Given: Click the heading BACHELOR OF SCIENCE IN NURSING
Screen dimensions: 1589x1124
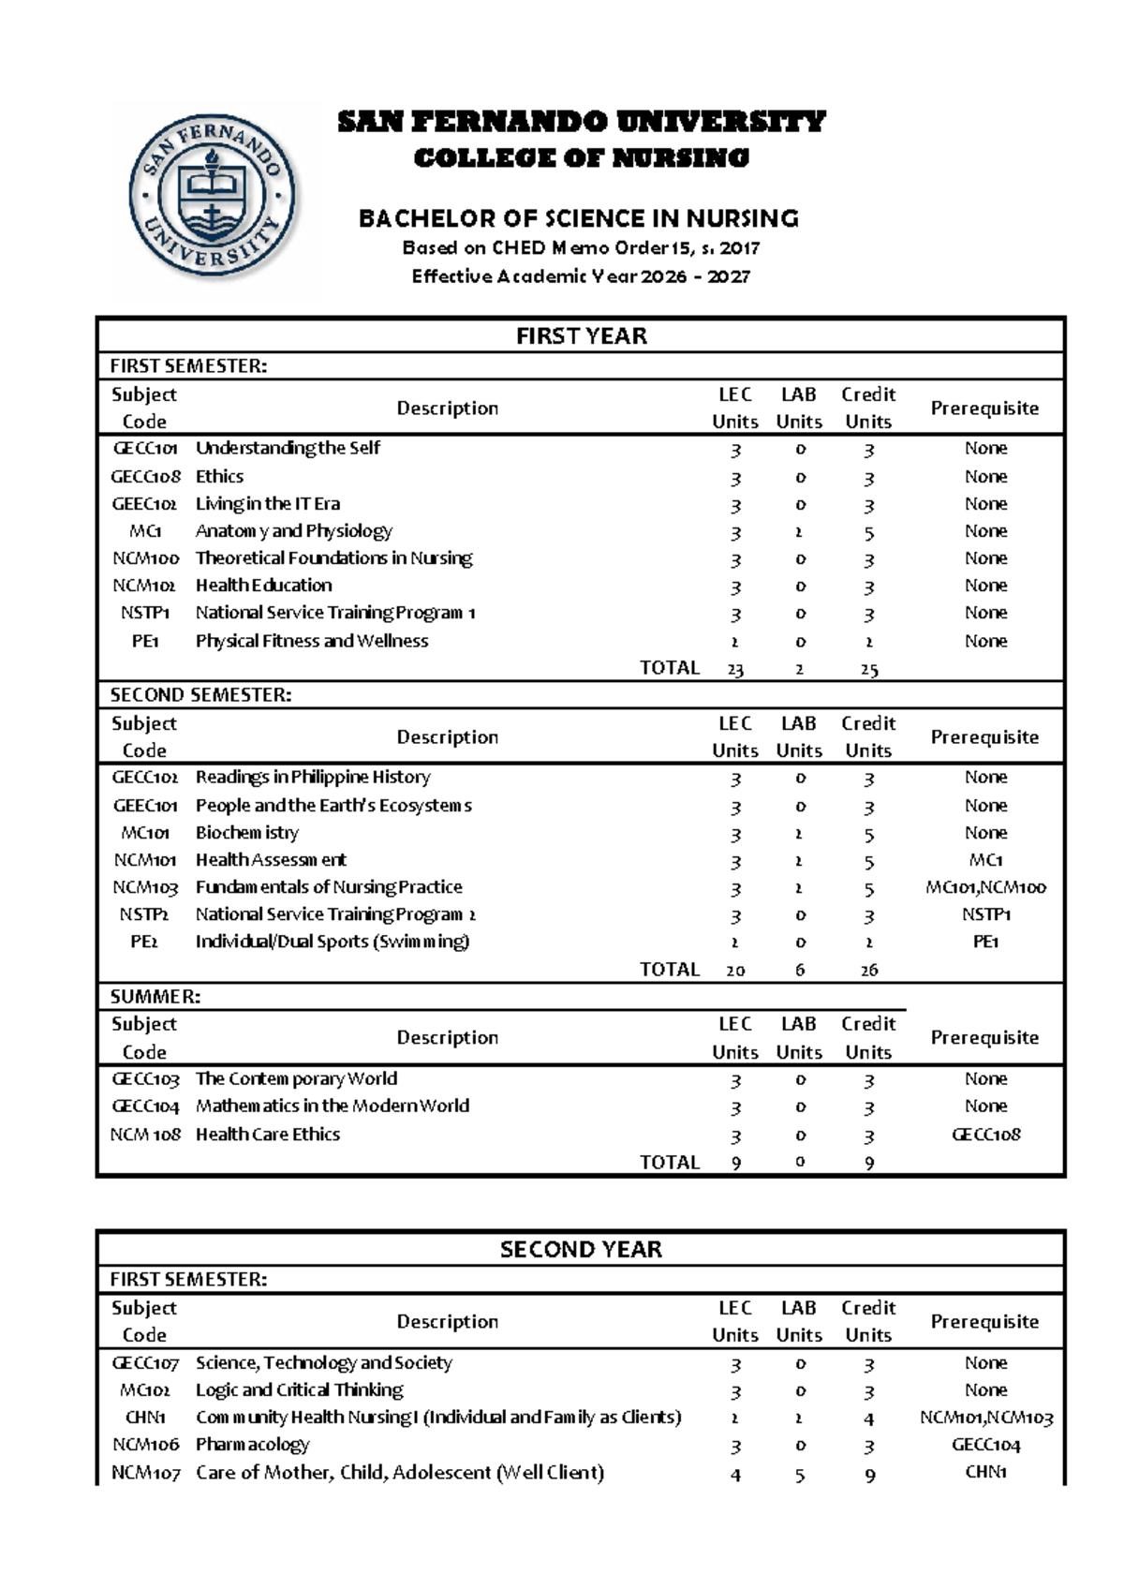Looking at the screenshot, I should (x=579, y=219).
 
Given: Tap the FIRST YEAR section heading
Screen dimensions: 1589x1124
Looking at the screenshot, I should (x=581, y=336).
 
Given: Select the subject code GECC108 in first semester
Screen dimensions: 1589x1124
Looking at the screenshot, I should (x=145, y=476).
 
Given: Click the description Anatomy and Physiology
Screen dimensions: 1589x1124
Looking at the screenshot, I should (x=293, y=531).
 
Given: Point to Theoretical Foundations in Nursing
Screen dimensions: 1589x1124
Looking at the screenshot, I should (x=333, y=558).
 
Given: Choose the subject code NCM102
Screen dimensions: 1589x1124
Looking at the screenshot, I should (x=144, y=586).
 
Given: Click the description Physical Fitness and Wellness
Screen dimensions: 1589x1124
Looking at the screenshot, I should (x=311, y=641).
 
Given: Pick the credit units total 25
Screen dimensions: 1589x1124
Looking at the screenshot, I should (x=868, y=669).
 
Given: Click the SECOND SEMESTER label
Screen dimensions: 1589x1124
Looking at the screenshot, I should (x=200, y=695).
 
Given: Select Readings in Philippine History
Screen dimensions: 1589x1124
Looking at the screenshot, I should (x=313, y=778).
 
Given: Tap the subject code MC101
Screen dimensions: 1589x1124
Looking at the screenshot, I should (x=145, y=833).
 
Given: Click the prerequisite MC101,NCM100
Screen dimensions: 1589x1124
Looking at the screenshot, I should (x=985, y=887).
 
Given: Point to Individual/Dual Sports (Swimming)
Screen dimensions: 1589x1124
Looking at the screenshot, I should (x=333, y=942).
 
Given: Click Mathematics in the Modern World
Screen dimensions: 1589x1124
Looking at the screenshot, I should (x=333, y=1106).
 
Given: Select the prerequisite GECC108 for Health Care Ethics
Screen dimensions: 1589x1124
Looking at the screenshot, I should (x=985, y=1135).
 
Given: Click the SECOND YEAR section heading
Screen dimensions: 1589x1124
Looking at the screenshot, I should (x=581, y=1250).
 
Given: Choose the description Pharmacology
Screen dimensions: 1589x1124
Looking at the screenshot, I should (x=252, y=1445).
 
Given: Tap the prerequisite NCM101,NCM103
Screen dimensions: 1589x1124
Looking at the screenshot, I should (x=985, y=1418).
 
